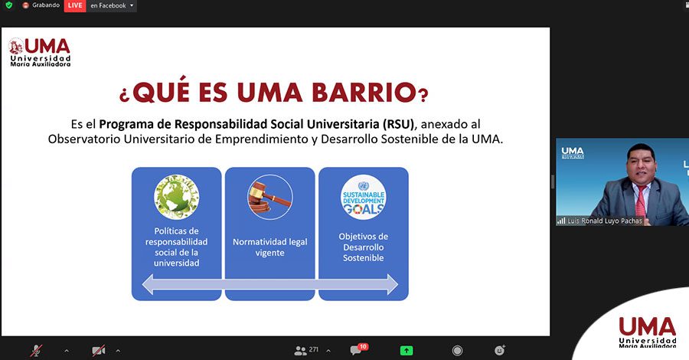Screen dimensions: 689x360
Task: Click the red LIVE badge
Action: point(75,5)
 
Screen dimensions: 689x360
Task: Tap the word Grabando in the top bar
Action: point(46,5)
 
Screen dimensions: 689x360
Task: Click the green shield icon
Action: point(8,5)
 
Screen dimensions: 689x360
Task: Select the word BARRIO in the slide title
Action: point(364,93)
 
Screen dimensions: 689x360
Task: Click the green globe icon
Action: point(176,197)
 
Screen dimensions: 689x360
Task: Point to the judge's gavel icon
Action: point(269,197)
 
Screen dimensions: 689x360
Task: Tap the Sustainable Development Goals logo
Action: point(364,197)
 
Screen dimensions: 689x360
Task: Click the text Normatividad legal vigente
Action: point(269,247)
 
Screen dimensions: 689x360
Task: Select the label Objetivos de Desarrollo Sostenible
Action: point(364,247)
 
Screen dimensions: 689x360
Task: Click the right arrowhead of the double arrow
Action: point(392,284)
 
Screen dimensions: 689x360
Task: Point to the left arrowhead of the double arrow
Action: point(148,284)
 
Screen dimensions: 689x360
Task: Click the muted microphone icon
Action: point(36,350)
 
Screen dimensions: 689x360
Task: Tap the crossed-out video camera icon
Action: point(98,350)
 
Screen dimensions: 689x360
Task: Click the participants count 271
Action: point(313,349)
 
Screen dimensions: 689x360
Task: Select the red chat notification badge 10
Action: point(363,347)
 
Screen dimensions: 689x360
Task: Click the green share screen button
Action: point(407,350)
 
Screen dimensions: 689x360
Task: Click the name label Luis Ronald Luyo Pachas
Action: point(605,221)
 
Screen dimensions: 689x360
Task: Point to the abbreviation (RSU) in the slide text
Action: point(399,124)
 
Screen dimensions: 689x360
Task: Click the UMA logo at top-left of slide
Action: point(40,52)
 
